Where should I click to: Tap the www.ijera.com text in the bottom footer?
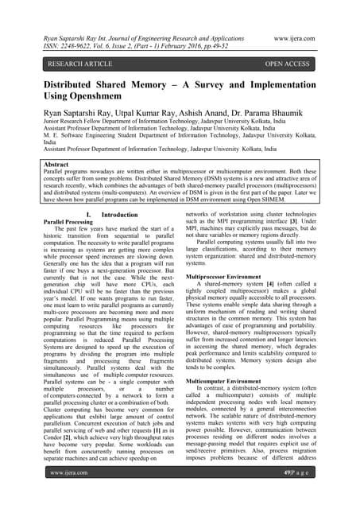coord(69,494)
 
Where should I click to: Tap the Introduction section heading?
coord(120,237)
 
